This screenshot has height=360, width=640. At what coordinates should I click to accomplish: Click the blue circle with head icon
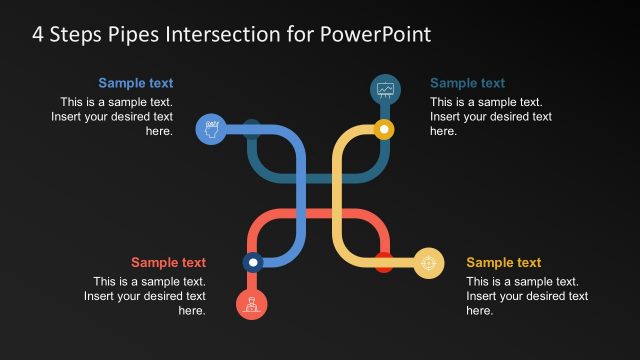click(210, 129)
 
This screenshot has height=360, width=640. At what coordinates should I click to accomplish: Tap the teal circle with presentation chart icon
click(385, 89)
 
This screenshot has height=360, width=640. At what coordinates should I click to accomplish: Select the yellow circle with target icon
click(428, 263)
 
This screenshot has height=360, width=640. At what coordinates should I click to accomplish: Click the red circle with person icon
click(252, 303)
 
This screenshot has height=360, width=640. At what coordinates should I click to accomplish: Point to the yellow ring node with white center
click(383, 129)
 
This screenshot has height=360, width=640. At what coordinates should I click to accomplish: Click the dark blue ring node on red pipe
click(253, 262)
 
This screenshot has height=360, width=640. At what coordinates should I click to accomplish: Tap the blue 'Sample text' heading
click(135, 83)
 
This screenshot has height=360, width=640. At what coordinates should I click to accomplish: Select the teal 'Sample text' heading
click(467, 83)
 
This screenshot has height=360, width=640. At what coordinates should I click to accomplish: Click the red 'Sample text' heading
click(168, 263)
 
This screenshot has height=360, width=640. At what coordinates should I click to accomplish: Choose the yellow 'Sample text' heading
click(503, 263)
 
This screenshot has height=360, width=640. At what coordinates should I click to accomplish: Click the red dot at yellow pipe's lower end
click(383, 264)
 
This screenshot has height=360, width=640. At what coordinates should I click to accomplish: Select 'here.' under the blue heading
click(159, 131)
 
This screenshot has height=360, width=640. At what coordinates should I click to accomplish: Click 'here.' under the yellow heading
click(480, 311)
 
